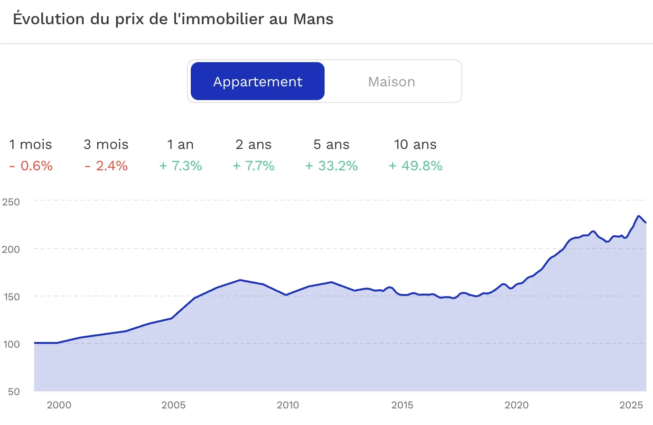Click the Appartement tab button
(x=258, y=82)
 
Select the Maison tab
(x=392, y=82)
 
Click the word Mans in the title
(x=313, y=19)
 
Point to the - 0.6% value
(x=31, y=166)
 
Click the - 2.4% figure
(x=106, y=166)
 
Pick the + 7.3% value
(x=180, y=166)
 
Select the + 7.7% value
(x=253, y=166)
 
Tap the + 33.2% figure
(x=331, y=166)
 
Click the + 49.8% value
(x=415, y=166)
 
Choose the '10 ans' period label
(x=415, y=145)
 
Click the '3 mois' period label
(x=106, y=145)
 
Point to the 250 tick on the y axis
(x=11, y=202)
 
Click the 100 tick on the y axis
(x=11, y=344)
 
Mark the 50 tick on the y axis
(x=14, y=392)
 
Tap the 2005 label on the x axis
(x=173, y=405)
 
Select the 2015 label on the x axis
(x=402, y=405)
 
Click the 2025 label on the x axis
(x=631, y=405)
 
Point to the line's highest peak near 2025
(x=638, y=216)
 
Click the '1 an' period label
(x=180, y=145)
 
